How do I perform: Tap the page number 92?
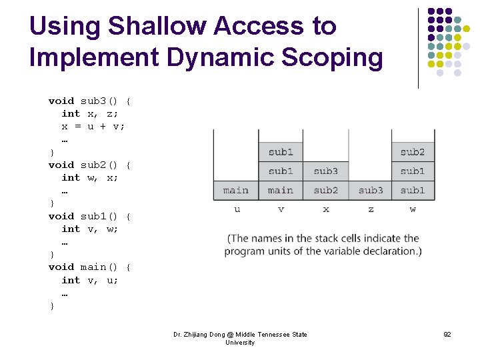click(x=447, y=334)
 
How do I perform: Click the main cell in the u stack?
click(x=235, y=191)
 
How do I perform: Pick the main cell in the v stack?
click(x=280, y=191)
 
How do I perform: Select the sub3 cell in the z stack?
click(x=371, y=191)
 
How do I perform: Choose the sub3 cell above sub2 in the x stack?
click(x=325, y=171)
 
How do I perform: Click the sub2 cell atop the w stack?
click(x=413, y=152)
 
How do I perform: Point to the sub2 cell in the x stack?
click(x=325, y=191)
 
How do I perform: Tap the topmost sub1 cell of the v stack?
click(x=280, y=152)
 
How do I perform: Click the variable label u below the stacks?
click(x=237, y=209)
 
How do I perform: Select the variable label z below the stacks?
click(x=371, y=209)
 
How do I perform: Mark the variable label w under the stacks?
click(x=413, y=209)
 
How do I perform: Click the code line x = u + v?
click(x=93, y=126)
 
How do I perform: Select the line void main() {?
click(x=89, y=267)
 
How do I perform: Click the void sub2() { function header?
click(x=89, y=165)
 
